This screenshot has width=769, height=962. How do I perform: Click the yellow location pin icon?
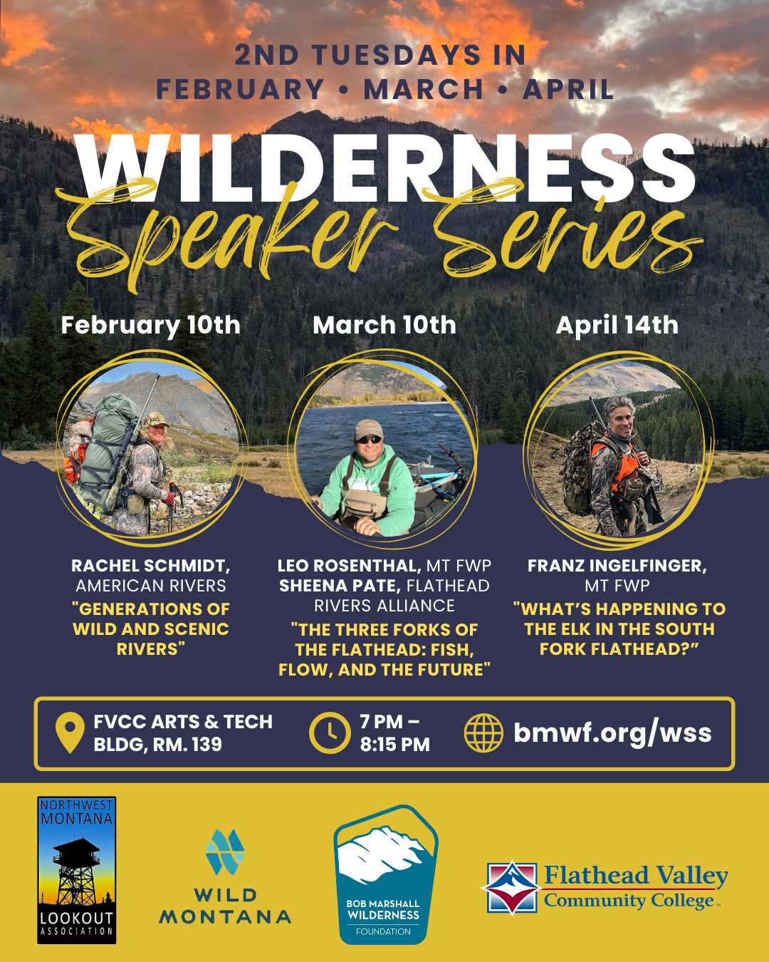[70, 733]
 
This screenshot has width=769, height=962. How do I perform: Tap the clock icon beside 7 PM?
[329, 733]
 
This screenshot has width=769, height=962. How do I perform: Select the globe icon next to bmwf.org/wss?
[483, 733]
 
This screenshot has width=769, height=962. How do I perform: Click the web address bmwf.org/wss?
[612, 733]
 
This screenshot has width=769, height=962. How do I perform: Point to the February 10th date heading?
[151, 325]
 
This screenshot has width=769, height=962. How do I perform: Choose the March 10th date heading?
[384, 325]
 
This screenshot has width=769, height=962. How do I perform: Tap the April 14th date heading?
[617, 325]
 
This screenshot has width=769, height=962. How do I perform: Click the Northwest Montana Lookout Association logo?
[77, 870]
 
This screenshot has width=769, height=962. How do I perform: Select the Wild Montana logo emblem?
[225, 852]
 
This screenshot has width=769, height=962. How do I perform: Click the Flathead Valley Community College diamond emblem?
[511, 887]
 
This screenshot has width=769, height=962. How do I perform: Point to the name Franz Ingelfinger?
[616, 566]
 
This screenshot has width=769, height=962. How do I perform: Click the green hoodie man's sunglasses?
[369, 440]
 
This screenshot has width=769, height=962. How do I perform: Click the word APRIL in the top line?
[568, 90]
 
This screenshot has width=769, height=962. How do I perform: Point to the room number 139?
[206, 745]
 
